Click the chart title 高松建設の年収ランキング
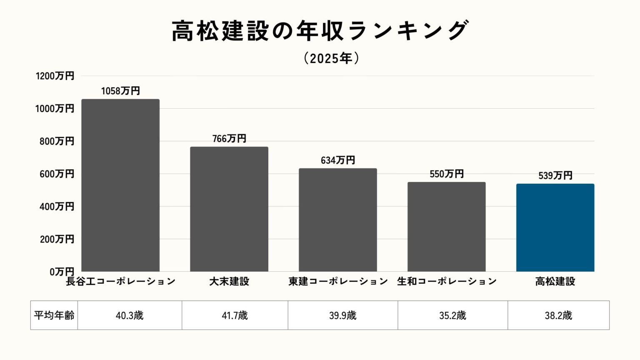(x=320, y=31)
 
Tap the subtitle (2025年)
(x=331, y=58)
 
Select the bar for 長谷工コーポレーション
(x=120, y=185)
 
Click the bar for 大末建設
(x=229, y=209)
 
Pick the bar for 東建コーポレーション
(x=338, y=220)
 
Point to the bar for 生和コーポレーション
(x=447, y=227)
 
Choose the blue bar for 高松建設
(x=555, y=227)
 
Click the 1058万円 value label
(x=120, y=91)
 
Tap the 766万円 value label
(x=229, y=138)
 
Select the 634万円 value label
(x=338, y=160)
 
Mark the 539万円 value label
(x=555, y=175)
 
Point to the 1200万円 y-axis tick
(x=55, y=76)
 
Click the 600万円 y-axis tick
(x=57, y=174)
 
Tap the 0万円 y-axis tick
(x=62, y=272)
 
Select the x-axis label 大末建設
(x=229, y=282)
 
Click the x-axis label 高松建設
(x=555, y=282)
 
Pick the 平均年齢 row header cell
(x=54, y=315)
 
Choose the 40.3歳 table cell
(x=130, y=315)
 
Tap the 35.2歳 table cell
(x=452, y=315)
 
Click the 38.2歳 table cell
(x=558, y=315)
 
